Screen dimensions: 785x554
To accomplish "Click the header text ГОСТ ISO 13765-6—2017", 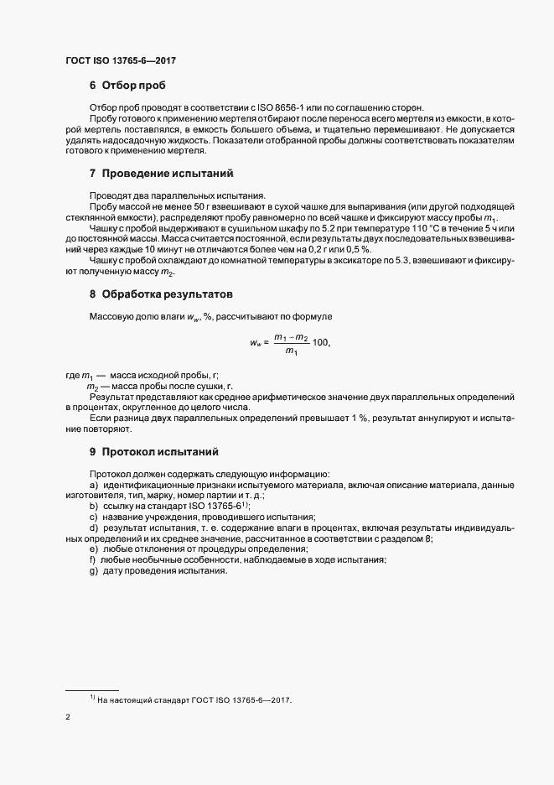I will pos(120,60).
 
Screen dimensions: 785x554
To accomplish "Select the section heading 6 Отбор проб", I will pos(127,86).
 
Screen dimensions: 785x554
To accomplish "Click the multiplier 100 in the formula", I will pos(321,343).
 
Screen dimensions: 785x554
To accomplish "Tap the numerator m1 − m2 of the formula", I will pos(291,335).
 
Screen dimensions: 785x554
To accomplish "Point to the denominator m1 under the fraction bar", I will pos(291,352).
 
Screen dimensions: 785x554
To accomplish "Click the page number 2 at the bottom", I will pos(68,718).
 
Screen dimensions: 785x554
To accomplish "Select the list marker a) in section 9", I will pos(94,486).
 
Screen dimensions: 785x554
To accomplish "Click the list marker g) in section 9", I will pos(94,571).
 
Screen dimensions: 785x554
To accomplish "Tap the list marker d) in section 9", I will pos(94,528).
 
